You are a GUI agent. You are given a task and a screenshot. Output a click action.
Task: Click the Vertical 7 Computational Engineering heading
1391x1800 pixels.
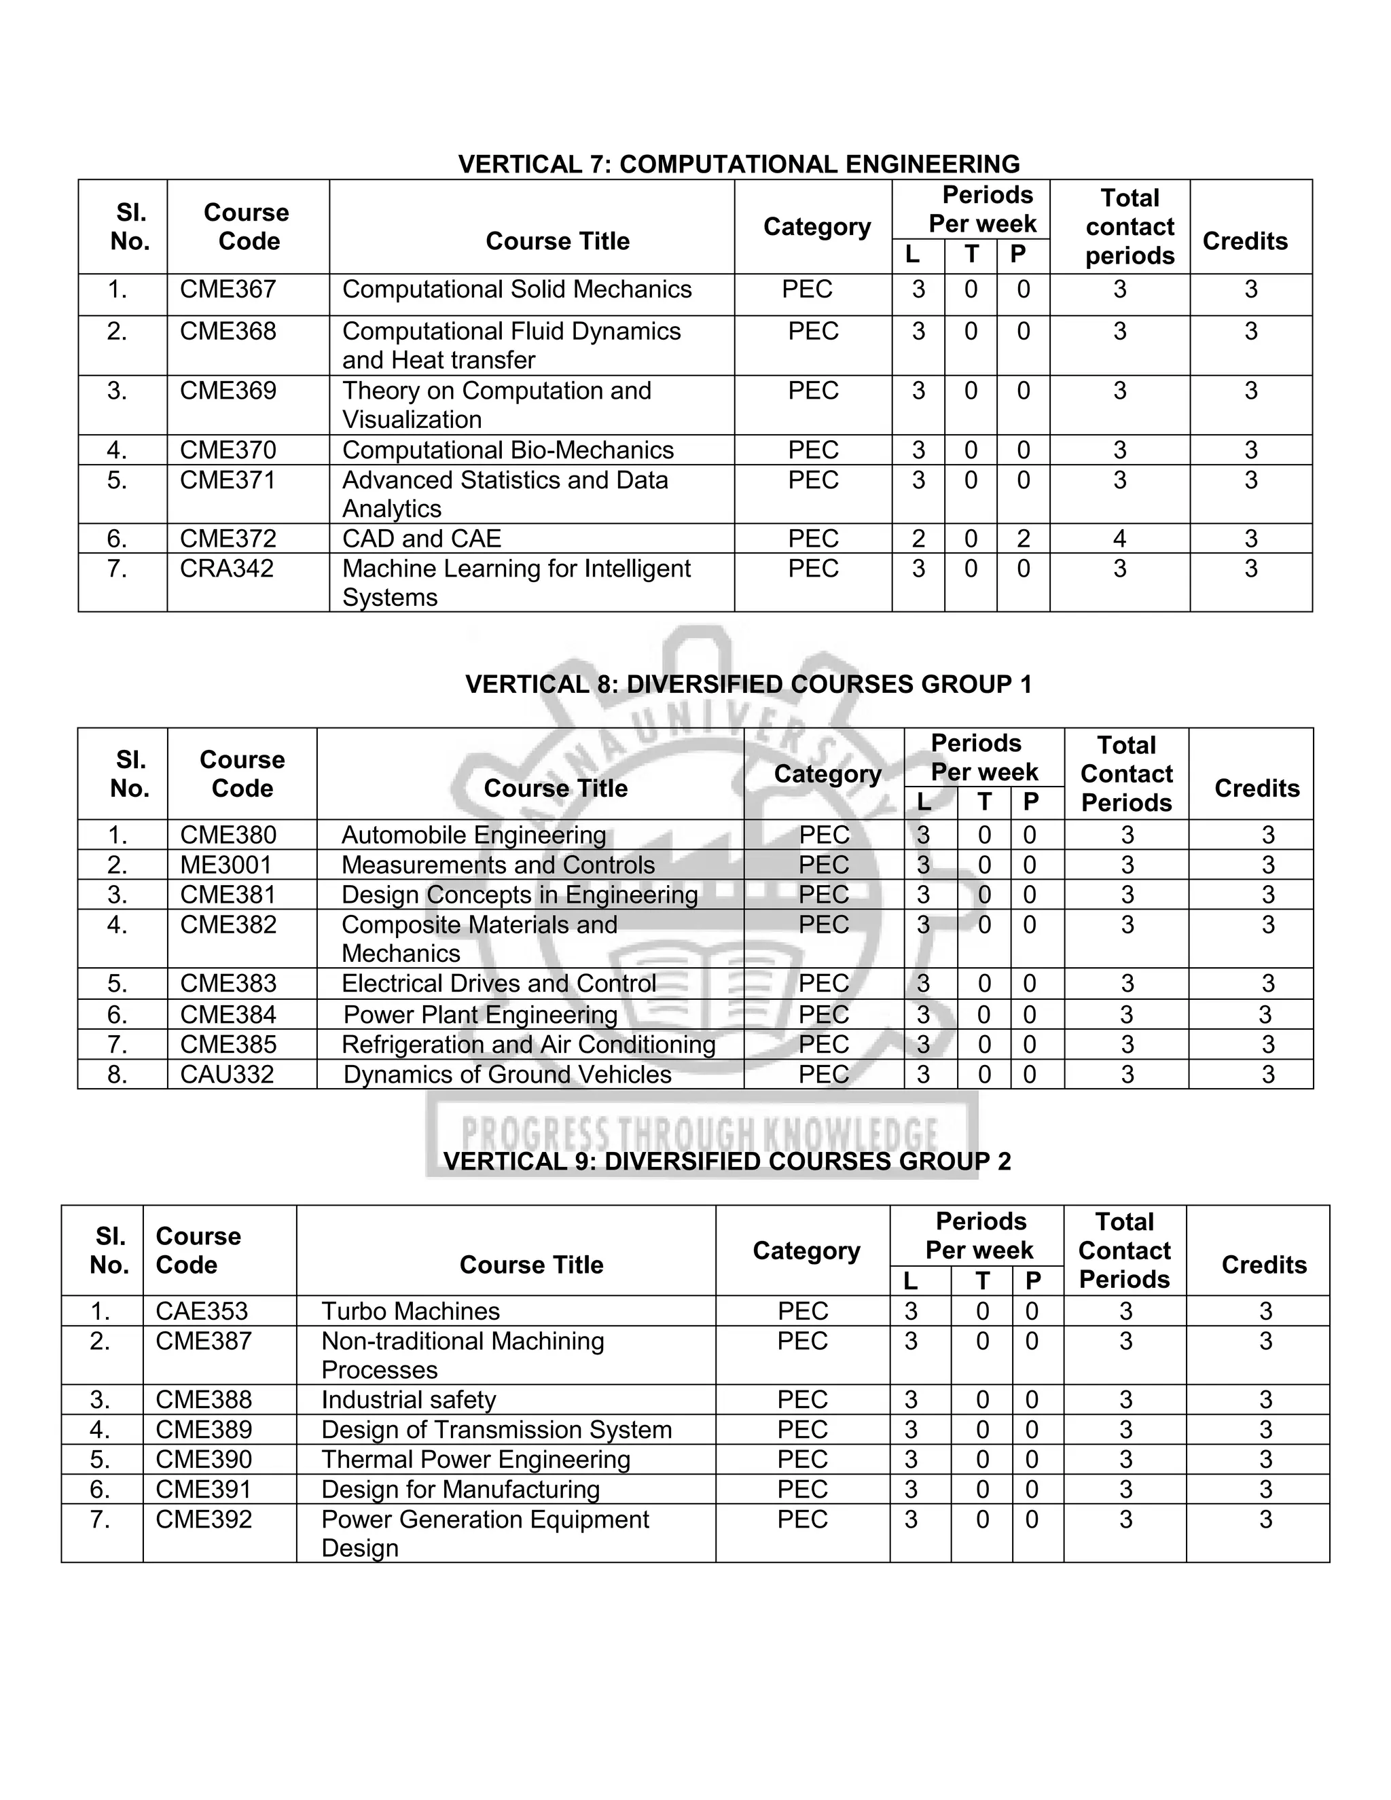pyautogui.click(x=738, y=164)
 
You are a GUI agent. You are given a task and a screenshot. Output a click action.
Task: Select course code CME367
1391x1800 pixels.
pyautogui.click(x=228, y=289)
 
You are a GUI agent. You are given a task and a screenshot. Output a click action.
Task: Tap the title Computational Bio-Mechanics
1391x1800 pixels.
pyautogui.click(x=507, y=450)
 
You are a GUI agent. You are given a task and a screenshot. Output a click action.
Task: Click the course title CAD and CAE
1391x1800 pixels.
pyautogui.click(x=421, y=538)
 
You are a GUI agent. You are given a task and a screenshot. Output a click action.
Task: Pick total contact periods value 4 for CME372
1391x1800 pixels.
pyautogui.click(x=1119, y=538)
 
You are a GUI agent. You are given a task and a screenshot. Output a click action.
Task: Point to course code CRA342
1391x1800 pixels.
pyautogui.click(x=227, y=568)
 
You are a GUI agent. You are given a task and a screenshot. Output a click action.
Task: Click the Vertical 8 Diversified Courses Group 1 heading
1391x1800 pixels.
pyautogui.click(x=748, y=684)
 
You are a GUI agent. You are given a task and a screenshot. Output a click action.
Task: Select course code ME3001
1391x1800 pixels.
pyautogui.click(x=225, y=865)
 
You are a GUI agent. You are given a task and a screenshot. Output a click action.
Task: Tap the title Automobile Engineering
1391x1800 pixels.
pyautogui.click(x=474, y=835)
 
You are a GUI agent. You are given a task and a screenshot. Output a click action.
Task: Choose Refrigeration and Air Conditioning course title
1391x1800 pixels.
pyautogui.click(x=528, y=1044)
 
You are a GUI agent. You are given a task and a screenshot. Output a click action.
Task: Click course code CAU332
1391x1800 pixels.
pyautogui.click(x=227, y=1074)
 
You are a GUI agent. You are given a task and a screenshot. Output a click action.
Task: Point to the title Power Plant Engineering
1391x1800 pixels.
pyautogui.click(x=480, y=1015)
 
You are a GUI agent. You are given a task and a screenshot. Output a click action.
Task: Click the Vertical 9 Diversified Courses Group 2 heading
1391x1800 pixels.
pyautogui.click(x=727, y=1162)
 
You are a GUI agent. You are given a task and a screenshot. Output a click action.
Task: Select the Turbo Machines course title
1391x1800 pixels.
pyautogui.click(x=410, y=1311)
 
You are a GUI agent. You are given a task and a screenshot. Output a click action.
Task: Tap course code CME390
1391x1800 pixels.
pyautogui.click(x=204, y=1460)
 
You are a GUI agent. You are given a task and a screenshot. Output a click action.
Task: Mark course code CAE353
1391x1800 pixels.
pyautogui.click(x=202, y=1311)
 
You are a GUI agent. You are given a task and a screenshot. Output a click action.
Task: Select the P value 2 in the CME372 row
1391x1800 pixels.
pyautogui.click(x=1023, y=538)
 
